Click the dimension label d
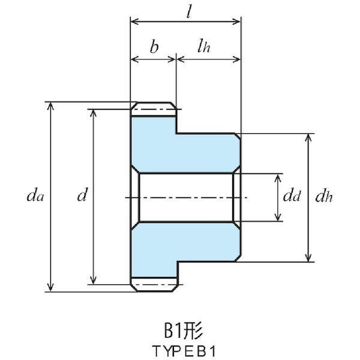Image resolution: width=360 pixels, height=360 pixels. click(83, 195)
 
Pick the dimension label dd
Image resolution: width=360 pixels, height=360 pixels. click(292, 195)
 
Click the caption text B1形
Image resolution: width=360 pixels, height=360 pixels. click(181, 330)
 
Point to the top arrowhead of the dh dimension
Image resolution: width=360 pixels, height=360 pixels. click(308, 137)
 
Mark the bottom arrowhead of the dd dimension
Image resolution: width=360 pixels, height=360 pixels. click(278, 217)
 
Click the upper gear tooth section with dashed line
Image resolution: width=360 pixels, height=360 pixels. click(154, 110)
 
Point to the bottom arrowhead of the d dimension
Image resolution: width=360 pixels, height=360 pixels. click(93, 280)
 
